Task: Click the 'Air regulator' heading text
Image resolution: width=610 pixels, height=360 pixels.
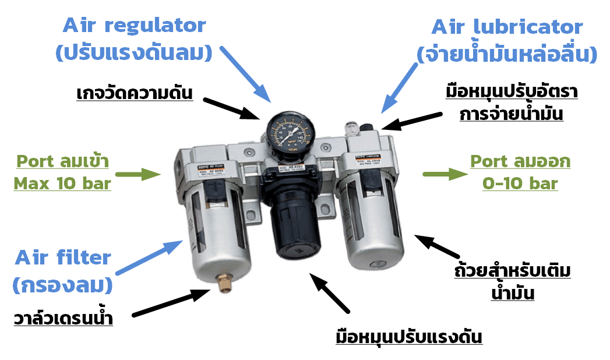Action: (134, 26)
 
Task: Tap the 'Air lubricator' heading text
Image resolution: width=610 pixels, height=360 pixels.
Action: (507, 27)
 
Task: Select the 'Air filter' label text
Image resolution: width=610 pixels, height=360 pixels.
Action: (63, 257)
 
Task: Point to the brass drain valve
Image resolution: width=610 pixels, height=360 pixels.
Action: (223, 285)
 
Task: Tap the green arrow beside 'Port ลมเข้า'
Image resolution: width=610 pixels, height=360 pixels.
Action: (138, 173)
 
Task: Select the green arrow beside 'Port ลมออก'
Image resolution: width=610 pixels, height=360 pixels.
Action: (445, 173)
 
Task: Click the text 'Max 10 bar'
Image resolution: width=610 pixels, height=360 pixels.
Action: (62, 183)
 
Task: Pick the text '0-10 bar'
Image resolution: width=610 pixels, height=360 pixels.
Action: (520, 183)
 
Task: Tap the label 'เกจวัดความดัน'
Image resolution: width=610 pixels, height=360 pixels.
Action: (135, 93)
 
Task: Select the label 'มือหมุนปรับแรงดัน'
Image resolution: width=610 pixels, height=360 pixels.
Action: (409, 337)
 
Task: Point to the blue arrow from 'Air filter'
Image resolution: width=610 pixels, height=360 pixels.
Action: (148, 257)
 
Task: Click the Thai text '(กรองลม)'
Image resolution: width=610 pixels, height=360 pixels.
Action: (63, 285)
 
